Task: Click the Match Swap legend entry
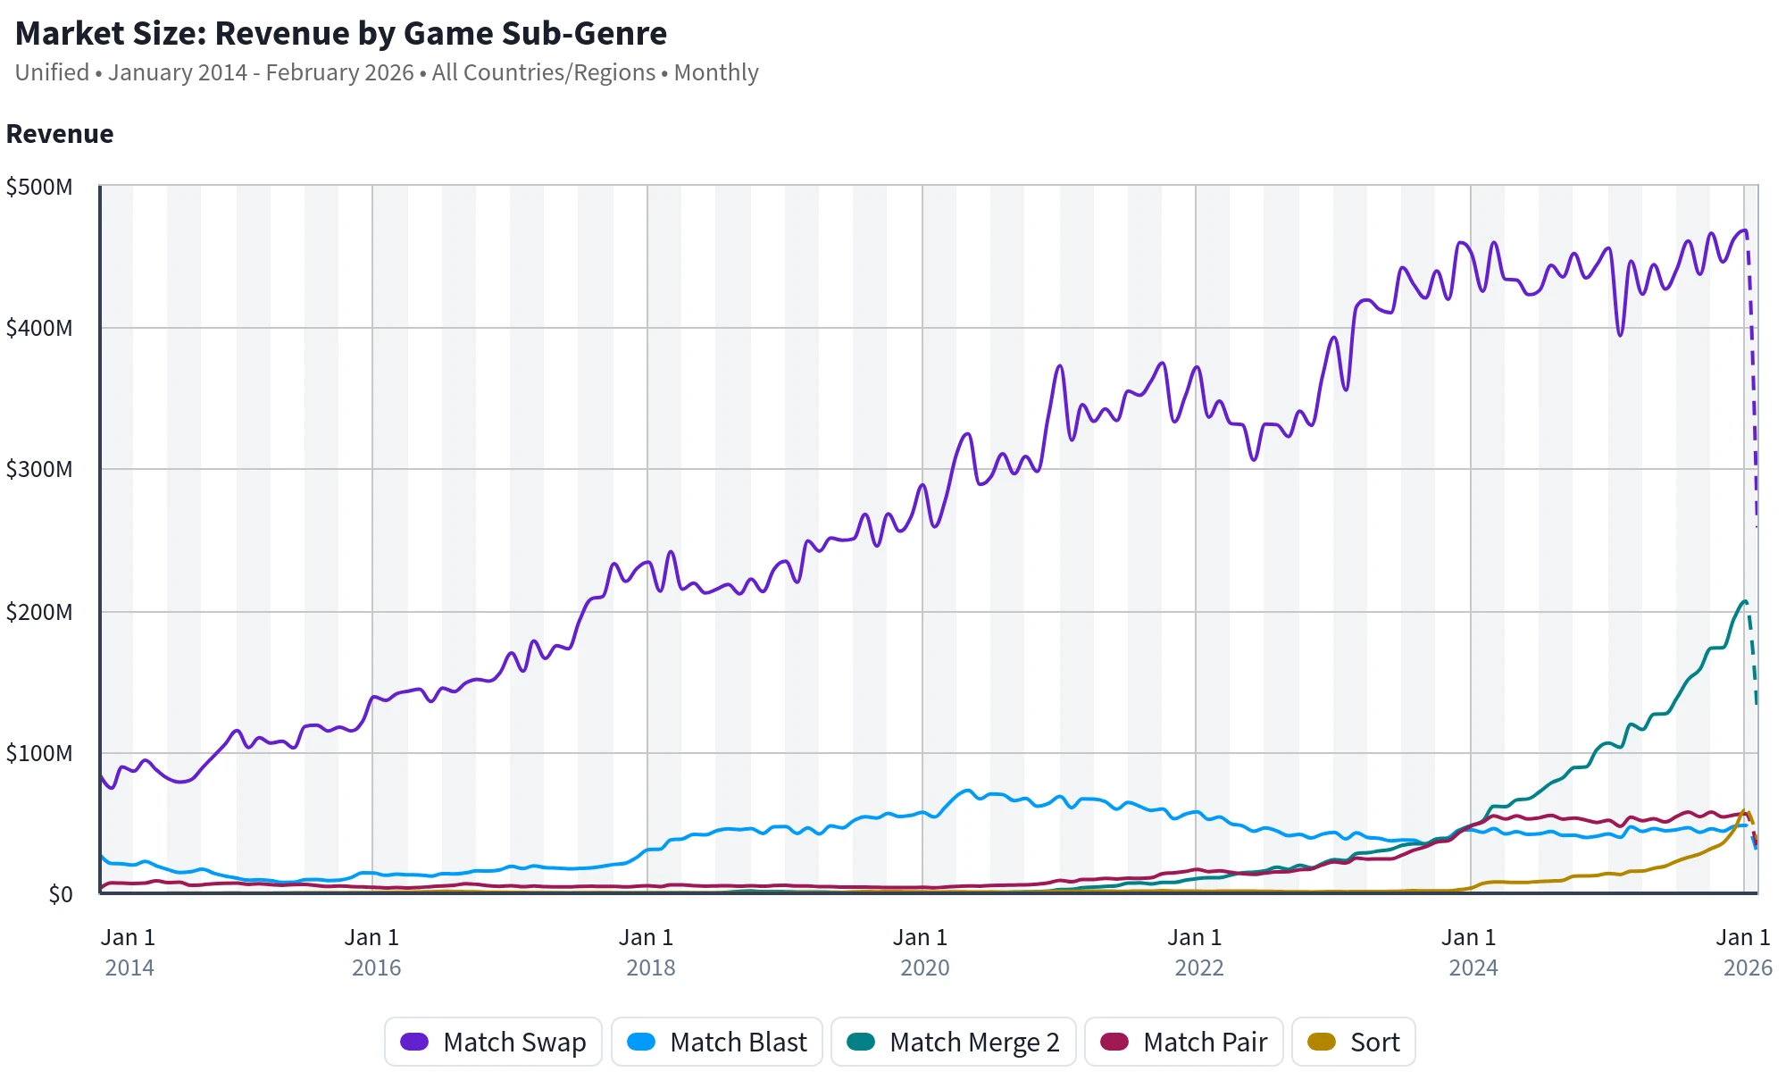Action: (x=494, y=1042)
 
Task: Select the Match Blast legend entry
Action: (x=717, y=1042)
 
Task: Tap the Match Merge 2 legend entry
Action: (x=953, y=1042)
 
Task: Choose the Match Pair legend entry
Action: (x=1184, y=1042)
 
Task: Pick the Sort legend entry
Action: (x=1353, y=1042)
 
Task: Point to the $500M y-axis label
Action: (x=39, y=188)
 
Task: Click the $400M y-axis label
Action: (x=39, y=328)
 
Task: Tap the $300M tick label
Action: (x=39, y=469)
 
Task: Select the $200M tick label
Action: (x=39, y=612)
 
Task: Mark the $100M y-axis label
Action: (x=39, y=753)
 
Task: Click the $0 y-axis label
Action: (x=61, y=894)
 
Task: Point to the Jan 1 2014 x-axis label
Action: (x=129, y=952)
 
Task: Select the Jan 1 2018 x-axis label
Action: (x=647, y=952)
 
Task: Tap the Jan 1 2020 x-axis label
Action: (x=921, y=952)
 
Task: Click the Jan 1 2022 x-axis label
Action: (x=1195, y=952)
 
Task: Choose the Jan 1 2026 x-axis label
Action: (x=1744, y=952)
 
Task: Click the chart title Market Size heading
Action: (x=341, y=34)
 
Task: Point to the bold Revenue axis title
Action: (x=60, y=134)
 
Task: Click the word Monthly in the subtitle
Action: (x=716, y=72)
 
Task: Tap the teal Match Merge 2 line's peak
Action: (x=1744, y=601)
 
